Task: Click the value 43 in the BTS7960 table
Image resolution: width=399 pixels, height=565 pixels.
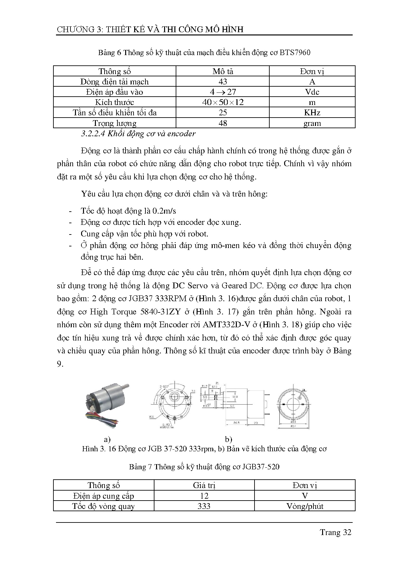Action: click(223, 81)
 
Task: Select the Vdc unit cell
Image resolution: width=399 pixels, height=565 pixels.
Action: click(312, 92)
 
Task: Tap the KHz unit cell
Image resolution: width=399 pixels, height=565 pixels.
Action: click(312, 112)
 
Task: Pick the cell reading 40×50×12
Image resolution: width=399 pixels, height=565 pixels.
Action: click(223, 102)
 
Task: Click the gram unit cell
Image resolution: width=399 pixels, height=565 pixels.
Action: click(312, 123)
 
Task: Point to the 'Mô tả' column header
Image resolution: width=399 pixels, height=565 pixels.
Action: click(223, 71)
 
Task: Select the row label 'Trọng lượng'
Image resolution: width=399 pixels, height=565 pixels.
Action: click(115, 123)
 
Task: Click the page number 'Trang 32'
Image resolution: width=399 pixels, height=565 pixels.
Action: click(335, 532)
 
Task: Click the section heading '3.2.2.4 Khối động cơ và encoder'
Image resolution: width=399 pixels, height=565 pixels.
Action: click(138, 134)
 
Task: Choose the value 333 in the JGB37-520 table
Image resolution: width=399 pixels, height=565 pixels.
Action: click(204, 506)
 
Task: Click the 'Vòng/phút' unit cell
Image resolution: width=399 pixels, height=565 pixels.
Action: click(305, 506)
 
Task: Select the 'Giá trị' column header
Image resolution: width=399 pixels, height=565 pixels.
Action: click(204, 485)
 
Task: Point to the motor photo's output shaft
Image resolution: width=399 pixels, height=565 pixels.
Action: click(125, 386)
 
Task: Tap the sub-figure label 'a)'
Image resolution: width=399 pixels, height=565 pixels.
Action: click(107, 439)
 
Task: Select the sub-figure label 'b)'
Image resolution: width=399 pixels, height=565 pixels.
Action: click(228, 439)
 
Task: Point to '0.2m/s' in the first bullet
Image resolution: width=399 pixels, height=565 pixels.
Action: click(164, 211)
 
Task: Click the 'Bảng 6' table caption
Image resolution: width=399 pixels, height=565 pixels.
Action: click(109, 53)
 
